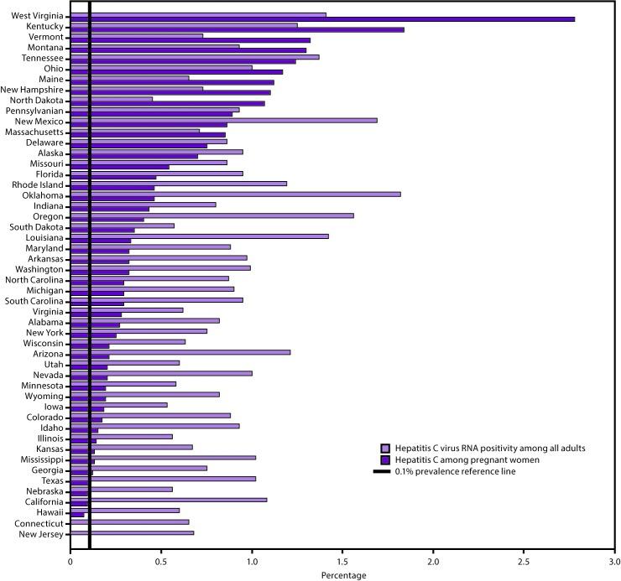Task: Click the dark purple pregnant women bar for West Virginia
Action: pyautogui.click(x=336, y=18)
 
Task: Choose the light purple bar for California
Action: pyautogui.click(x=168, y=501)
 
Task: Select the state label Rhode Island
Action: pyautogui.click(x=38, y=184)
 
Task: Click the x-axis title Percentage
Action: pyautogui.click(x=342, y=575)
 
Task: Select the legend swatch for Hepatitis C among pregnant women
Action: pyautogui.click(x=386, y=459)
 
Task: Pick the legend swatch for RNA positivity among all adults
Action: pyautogui.click(x=386, y=448)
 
